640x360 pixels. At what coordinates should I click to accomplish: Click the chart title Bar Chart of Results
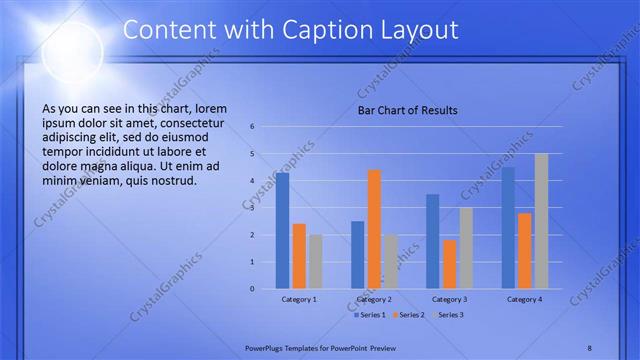point(408,111)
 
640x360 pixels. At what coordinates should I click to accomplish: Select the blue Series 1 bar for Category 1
point(283,230)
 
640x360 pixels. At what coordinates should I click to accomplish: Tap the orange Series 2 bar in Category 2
point(374,229)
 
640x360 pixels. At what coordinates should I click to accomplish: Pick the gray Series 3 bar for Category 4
point(541,221)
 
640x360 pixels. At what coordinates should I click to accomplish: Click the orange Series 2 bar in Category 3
point(450,264)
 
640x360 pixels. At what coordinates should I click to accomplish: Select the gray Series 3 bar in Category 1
point(315,261)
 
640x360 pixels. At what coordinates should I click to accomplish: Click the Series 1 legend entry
point(369,315)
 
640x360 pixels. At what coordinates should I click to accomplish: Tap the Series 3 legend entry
point(448,315)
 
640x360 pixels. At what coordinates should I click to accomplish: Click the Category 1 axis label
point(299,299)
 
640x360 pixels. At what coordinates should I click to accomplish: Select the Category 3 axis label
point(450,299)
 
